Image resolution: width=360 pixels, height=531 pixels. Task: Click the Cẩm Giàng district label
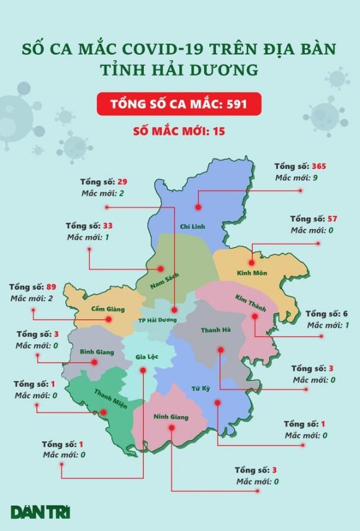pos(107,308)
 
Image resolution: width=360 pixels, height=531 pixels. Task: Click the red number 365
pos(318,166)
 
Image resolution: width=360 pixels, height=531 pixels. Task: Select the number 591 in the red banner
pos(236,104)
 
